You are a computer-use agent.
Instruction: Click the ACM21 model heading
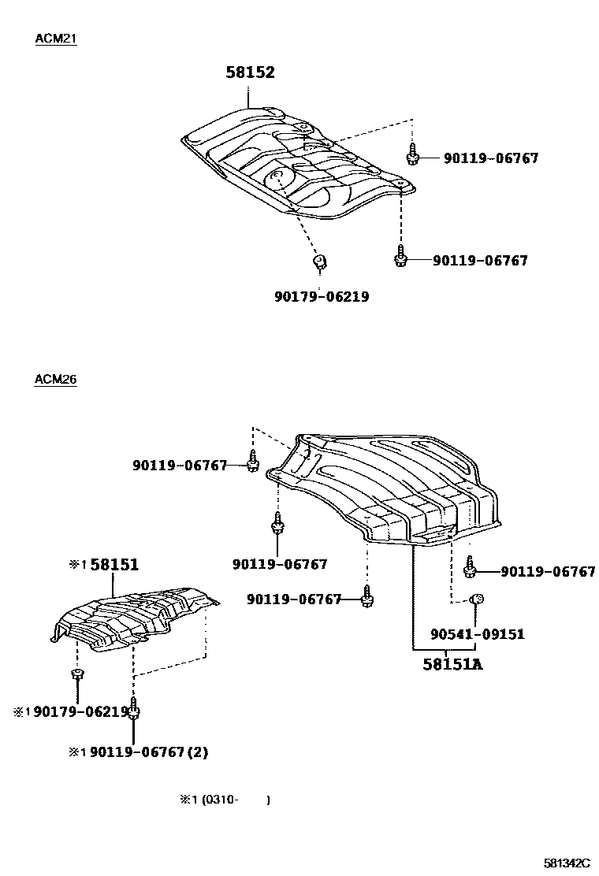click(55, 39)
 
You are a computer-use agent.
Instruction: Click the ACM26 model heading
click(55, 379)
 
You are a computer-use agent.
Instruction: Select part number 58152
click(250, 72)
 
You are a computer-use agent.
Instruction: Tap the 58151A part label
click(452, 664)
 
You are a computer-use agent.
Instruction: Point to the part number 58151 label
click(114, 564)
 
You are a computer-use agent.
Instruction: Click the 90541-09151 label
click(478, 633)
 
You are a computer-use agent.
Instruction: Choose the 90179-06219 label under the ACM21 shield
click(322, 297)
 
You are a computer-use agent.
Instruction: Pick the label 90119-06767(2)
click(149, 752)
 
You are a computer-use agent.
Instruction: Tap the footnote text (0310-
click(220, 800)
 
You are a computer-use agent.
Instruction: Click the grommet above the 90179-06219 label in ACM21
click(320, 261)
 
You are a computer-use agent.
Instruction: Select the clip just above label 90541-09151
click(476, 601)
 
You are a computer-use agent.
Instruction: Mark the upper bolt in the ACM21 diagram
click(411, 155)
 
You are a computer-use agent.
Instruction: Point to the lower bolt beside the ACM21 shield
click(401, 258)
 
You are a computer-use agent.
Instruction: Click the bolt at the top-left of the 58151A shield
click(252, 462)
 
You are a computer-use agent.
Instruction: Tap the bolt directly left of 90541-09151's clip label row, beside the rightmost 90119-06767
click(470, 569)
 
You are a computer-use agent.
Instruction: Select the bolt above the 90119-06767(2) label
click(135, 709)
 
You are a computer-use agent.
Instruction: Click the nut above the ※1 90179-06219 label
click(77, 674)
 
